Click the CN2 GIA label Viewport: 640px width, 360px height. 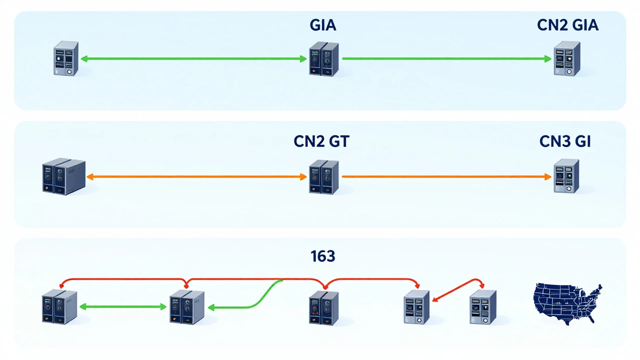[567, 25]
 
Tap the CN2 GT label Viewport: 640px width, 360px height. [321, 141]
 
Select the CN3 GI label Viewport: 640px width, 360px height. [565, 141]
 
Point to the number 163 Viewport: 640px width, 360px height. [323, 256]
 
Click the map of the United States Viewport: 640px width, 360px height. [567, 303]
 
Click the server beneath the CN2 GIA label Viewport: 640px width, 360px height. [567, 58]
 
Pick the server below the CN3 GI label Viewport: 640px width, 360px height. [566, 176]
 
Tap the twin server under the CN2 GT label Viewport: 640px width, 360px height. [323, 177]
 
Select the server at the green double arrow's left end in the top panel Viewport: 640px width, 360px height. [66, 58]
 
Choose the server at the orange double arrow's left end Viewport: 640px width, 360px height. [63, 176]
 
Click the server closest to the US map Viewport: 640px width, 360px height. [483, 307]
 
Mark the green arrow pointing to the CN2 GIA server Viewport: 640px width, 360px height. [447, 59]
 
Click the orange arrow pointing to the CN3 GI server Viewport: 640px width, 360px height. [446, 177]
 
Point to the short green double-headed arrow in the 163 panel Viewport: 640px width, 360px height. [123, 307]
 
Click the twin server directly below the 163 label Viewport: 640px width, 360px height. [323, 308]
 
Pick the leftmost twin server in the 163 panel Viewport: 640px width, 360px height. [59, 307]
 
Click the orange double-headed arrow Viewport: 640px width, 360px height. [196, 177]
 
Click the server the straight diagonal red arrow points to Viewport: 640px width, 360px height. [416, 307]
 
